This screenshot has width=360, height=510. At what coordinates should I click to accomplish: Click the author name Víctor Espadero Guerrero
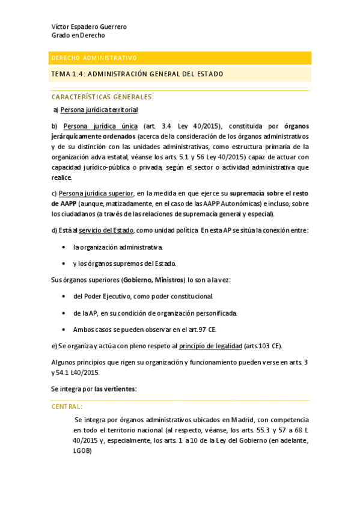(89, 27)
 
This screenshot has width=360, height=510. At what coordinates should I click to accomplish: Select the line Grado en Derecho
(78, 35)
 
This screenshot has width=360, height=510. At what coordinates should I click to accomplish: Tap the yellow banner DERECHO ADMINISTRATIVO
(94, 58)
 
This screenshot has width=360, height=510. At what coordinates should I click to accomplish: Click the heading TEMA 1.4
(137, 74)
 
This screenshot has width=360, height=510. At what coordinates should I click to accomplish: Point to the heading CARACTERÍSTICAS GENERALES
(103, 97)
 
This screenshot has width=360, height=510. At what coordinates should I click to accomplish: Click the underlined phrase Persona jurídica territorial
(99, 110)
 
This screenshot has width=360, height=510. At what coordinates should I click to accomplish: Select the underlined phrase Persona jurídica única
(100, 126)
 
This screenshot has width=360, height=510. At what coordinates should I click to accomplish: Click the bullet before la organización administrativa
(64, 247)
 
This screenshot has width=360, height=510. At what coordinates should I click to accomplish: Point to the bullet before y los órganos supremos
(64, 263)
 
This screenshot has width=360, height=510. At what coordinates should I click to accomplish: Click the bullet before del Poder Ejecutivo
(64, 296)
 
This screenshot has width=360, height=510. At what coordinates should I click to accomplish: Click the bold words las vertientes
(115, 389)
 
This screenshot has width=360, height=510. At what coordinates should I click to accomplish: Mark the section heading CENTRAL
(67, 407)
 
